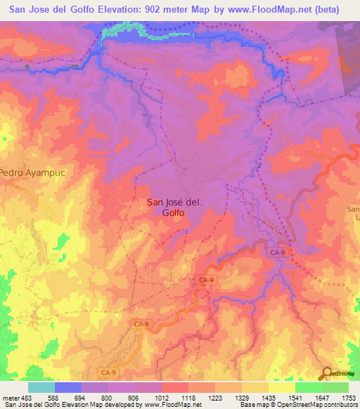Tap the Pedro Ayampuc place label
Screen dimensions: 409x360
(21, 172)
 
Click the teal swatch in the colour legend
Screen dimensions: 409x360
(41, 387)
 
